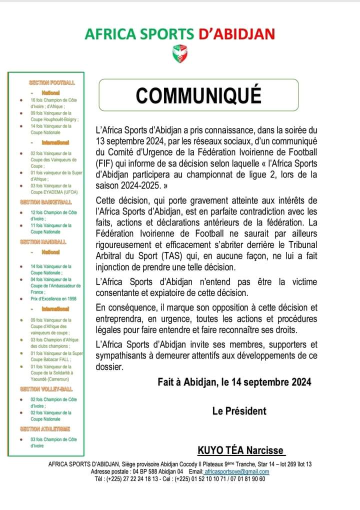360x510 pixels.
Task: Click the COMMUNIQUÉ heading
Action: (198, 95)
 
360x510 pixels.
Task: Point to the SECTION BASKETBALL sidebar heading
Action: (45, 202)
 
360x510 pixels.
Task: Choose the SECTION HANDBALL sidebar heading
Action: (44, 241)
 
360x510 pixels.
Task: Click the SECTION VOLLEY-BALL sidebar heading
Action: (46, 388)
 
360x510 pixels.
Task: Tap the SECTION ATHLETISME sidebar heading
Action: (45, 428)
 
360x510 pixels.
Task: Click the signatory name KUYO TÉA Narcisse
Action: (240, 450)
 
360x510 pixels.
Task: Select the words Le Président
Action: (239, 411)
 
